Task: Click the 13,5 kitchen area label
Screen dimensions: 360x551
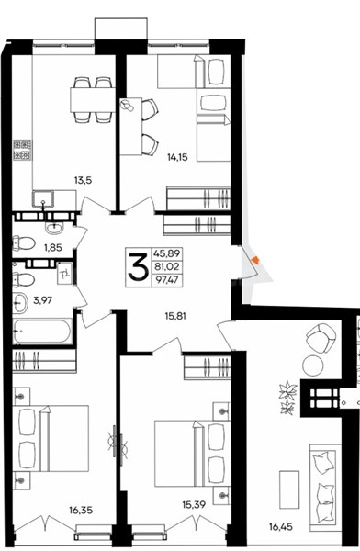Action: pos(83,181)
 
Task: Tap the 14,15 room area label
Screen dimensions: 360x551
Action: pos(177,157)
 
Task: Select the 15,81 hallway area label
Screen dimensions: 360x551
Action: pos(175,316)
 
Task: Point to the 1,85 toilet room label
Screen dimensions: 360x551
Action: pos(53,247)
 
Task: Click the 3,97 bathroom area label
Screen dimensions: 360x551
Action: pos(42,300)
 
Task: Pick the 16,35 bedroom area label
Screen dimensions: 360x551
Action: pos(81,510)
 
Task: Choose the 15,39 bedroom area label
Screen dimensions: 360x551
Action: pos(194,505)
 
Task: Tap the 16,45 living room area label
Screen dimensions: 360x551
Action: pos(281,527)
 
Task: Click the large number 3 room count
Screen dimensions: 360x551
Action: pos(138,267)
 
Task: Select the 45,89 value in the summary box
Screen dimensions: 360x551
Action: pos(167,253)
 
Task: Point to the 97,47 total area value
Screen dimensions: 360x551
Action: pos(167,280)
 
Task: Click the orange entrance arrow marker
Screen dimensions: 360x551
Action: pos(255,260)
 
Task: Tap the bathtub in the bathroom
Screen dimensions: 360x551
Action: pos(42,331)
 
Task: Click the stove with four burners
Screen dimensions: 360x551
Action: pos(22,150)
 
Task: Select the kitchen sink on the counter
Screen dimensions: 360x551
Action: pos(43,199)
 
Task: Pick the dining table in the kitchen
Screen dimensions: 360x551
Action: pos(93,100)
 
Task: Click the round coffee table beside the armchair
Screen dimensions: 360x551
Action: pos(313,365)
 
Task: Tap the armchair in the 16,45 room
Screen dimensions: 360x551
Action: pos(320,336)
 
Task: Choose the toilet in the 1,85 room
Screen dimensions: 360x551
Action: pos(23,243)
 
